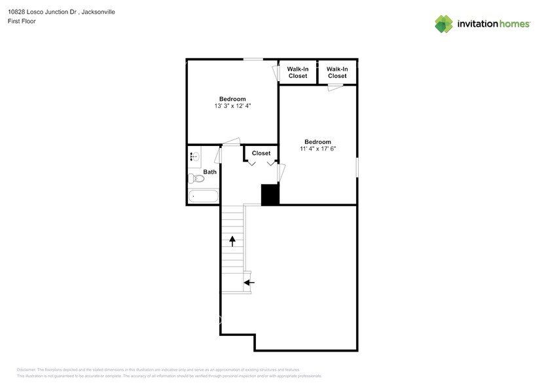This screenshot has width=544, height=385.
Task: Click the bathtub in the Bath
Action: pyautogui.click(x=203, y=196)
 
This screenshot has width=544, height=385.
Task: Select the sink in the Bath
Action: pyautogui.click(x=194, y=156)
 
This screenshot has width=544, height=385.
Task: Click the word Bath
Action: pyautogui.click(x=209, y=172)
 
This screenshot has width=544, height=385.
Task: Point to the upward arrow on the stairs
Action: pyautogui.click(x=232, y=240)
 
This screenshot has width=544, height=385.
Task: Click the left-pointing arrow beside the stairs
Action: pyautogui.click(x=249, y=282)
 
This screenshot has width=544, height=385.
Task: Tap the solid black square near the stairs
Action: pyautogui.click(x=270, y=195)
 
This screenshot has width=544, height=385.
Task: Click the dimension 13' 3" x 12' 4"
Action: pyautogui.click(x=232, y=106)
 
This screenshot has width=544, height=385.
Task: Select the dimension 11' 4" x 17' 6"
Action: pyautogui.click(x=317, y=149)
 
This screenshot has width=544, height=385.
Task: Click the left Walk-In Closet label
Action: pyautogui.click(x=298, y=73)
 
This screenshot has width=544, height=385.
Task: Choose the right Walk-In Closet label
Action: pyautogui.click(x=337, y=73)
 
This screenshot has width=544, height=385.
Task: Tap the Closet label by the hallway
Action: pyautogui.click(x=261, y=153)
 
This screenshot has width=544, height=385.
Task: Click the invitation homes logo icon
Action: pyautogui.click(x=444, y=24)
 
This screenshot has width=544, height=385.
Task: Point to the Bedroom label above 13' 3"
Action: pyautogui.click(x=232, y=99)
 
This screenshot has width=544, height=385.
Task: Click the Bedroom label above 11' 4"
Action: pyautogui.click(x=317, y=141)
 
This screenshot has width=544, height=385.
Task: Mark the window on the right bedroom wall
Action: pyautogui.click(x=357, y=167)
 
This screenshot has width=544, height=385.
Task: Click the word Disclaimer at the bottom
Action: pyautogui.click(x=26, y=370)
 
